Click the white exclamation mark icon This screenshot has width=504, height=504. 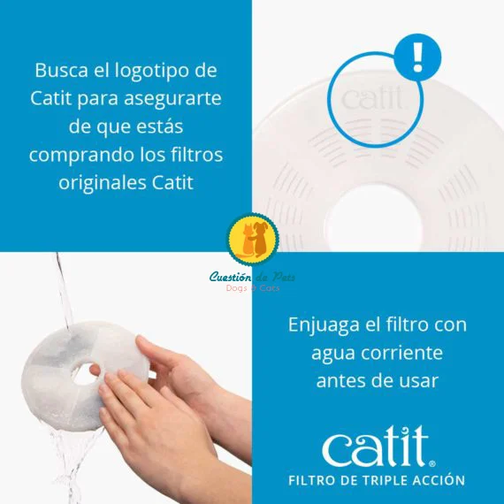[417, 57]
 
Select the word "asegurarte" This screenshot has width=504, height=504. [172, 99]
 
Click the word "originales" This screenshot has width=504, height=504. [103, 183]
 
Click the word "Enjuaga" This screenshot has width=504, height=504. [324, 325]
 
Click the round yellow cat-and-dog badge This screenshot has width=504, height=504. [253, 239]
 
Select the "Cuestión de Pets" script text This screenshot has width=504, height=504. [252, 277]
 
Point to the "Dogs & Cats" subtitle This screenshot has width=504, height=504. [253, 288]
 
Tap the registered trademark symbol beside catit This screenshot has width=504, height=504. [432, 464]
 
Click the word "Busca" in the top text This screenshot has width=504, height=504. [61, 70]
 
